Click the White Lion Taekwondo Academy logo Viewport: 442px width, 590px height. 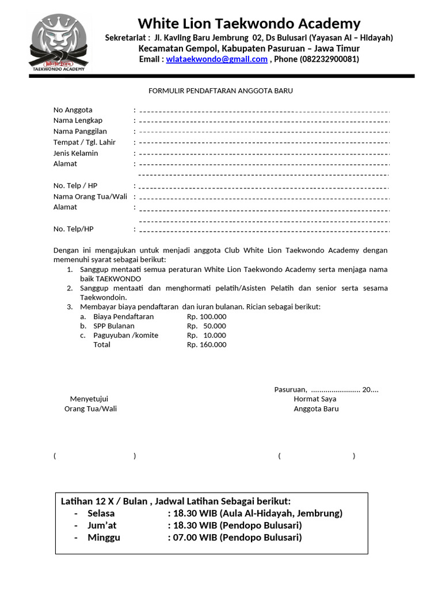(x=59, y=44)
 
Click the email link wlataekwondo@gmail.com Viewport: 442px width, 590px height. (x=216, y=59)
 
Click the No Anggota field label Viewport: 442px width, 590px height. (x=73, y=110)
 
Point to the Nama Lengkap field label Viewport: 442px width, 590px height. (x=78, y=120)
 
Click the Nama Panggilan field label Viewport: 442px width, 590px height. (x=80, y=131)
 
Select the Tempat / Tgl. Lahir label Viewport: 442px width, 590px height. (x=85, y=142)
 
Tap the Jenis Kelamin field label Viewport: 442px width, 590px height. (x=76, y=153)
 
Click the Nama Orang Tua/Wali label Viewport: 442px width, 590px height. (x=90, y=196)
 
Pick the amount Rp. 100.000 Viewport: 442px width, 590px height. (x=207, y=317)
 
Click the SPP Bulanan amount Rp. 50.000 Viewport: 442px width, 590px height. (x=207, y=326)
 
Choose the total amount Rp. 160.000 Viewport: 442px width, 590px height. (x=207, y=345)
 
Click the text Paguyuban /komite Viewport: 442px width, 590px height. (x=125, y=335)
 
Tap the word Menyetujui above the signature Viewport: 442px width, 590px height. (x=89, y=399)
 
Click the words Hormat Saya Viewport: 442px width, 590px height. (x=315, y=399)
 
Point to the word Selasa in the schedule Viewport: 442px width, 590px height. (x=101, y=513)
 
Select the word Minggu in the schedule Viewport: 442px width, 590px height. (x=104, y=538)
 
